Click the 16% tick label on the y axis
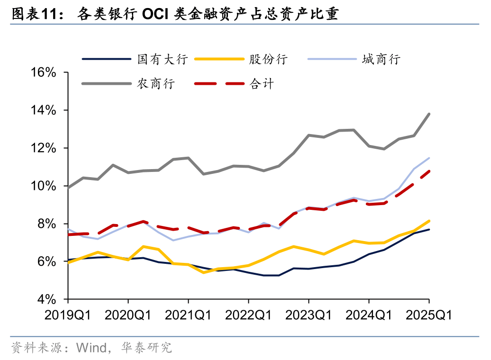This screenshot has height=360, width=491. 44,72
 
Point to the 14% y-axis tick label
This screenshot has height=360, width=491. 44,110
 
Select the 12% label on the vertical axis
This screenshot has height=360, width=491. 44,148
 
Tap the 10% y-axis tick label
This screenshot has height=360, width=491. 44,186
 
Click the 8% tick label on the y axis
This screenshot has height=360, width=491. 47,224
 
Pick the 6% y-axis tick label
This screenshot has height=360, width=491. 47,261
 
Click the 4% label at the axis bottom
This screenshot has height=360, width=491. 47,299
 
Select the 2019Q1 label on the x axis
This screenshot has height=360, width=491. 68,315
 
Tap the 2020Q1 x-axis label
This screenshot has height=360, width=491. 128,315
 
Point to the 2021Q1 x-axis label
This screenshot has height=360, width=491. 188,315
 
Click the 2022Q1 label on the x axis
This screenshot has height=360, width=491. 248,315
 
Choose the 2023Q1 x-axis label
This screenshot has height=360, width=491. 309,315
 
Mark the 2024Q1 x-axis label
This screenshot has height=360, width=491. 369,315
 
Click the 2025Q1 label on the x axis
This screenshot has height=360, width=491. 429,315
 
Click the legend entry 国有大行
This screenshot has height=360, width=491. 163,59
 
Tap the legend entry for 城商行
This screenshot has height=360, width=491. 381,59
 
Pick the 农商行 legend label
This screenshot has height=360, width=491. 156,84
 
